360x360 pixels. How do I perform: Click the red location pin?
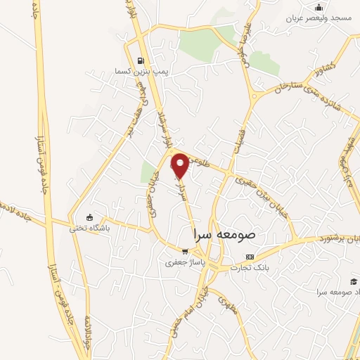tap(181, 166)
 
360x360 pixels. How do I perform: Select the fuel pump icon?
tap(141, 60)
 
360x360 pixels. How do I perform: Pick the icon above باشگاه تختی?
tap(89, 217)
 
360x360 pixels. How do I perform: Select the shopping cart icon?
tap(184, 252)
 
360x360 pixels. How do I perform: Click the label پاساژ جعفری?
tap(182, 263)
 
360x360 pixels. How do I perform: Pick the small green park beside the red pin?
tap(148, 172)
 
